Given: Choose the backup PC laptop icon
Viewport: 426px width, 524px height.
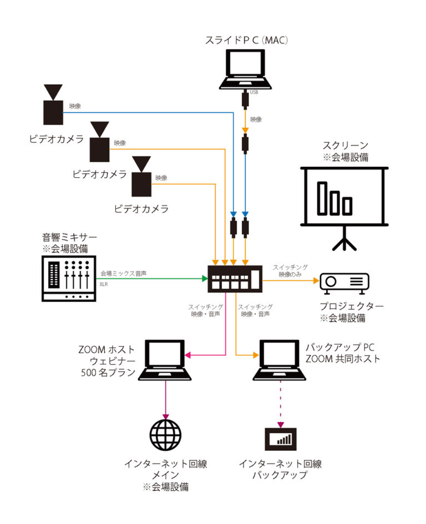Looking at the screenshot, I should click(280, 361).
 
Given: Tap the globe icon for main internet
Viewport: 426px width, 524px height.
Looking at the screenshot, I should click(165, 436).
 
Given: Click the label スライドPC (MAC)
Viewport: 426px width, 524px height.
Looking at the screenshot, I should click(245, 40).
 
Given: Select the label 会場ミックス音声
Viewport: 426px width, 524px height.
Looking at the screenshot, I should click(123, 273).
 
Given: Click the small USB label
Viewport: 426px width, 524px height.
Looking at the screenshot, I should click(255, 92).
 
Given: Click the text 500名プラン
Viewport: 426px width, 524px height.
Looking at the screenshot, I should click(109, 373).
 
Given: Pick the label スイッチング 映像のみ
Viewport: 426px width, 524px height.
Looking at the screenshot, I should click(290, 270).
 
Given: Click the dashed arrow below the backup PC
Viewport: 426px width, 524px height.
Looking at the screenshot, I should click(280, 407).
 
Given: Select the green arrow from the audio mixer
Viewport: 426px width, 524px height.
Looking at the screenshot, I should click(150, 279).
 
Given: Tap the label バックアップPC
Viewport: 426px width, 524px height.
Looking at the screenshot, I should click(340, 348).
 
